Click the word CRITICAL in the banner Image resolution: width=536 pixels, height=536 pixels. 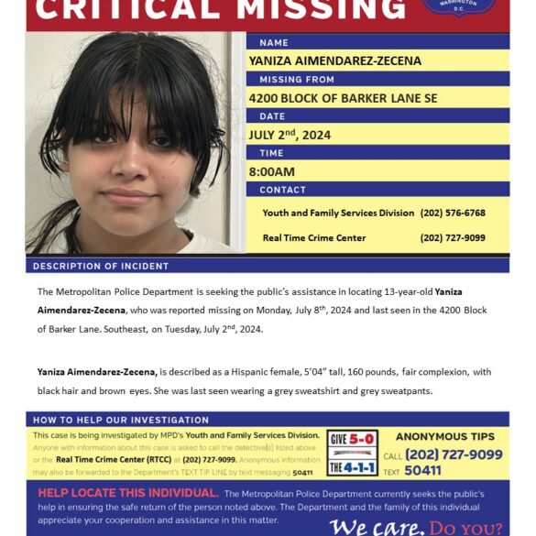[119, 9]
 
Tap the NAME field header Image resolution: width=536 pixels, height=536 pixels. [274, 42]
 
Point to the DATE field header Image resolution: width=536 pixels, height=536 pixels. [273, 116]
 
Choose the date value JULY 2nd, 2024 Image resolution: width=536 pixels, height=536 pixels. [290, 135]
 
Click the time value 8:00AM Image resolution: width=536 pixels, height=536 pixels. [272, 171]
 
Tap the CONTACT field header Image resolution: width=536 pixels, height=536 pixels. [282, 190]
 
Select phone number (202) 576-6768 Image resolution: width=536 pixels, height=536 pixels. [452, 213]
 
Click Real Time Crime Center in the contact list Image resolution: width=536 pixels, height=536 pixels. [313, 237]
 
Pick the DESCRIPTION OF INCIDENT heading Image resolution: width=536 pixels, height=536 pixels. [101, 266]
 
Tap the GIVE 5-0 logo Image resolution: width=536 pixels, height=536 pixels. [352, 439]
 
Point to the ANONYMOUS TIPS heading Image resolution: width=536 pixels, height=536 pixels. [445, 437]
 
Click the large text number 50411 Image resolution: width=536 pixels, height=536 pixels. [422, 470]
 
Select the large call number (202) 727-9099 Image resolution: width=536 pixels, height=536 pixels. [454, 454]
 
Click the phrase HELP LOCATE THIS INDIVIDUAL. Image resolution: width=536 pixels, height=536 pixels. [127, 493]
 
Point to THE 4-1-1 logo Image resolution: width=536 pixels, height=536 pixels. [352, 466]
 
